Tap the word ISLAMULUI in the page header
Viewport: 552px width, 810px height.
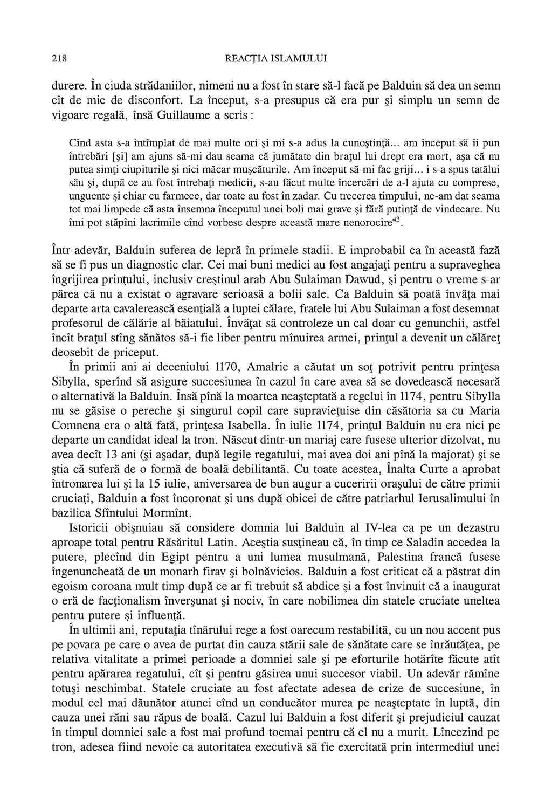(301, 58)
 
